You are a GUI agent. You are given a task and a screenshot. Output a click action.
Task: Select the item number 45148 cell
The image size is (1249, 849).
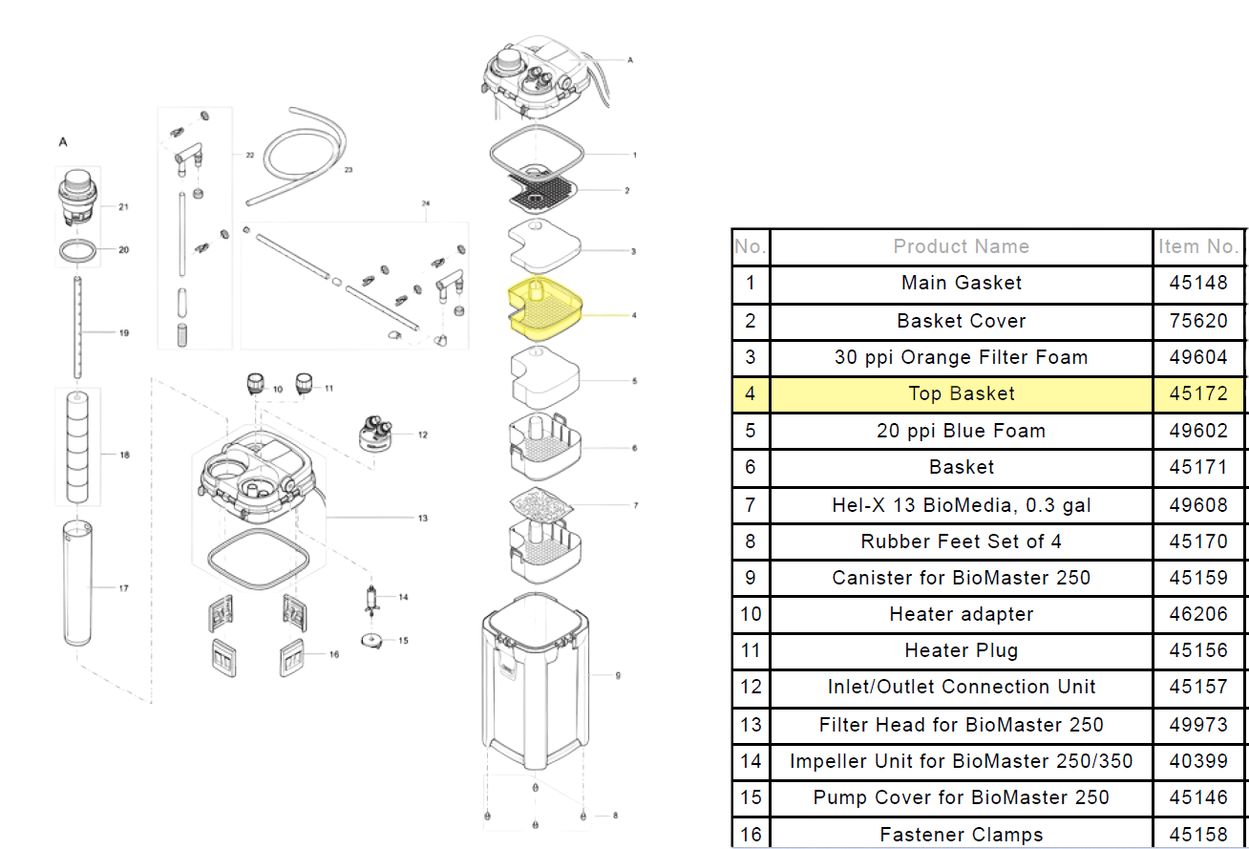point(1198,284)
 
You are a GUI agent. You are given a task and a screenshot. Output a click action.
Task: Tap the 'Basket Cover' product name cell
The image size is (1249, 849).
point(961,321)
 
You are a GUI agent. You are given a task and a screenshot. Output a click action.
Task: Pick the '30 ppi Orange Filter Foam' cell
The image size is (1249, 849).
point(961,357)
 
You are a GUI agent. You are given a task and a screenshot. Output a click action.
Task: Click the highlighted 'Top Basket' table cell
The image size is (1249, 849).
point(961,393)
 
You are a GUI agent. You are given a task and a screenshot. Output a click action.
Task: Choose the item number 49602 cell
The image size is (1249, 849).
point(1198,431)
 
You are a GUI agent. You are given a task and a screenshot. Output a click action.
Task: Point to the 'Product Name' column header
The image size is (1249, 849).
point(961,246)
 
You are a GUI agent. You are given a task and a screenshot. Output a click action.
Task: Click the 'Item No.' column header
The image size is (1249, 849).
point(1198,246)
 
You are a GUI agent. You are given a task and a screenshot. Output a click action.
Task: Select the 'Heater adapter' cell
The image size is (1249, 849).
point(961,614)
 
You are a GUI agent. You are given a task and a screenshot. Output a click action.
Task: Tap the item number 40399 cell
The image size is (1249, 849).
point(1198,761)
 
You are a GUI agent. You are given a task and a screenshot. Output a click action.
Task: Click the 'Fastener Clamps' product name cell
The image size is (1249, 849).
point(961,835)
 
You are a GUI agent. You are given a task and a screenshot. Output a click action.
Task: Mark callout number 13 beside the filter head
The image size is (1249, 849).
point(422,519)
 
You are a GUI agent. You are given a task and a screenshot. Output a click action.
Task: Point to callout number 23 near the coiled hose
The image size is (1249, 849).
point(348,169)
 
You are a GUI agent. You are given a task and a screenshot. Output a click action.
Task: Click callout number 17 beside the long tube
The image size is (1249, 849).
point(123,588)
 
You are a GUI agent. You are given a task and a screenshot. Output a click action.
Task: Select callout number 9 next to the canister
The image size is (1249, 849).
point(618,675)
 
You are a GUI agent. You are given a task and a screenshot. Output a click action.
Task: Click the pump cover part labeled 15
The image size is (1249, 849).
point(371,641)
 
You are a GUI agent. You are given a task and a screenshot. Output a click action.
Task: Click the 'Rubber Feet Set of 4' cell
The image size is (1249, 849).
point(961,541)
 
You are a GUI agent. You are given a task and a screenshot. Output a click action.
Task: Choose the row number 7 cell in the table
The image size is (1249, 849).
point(751,504)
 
